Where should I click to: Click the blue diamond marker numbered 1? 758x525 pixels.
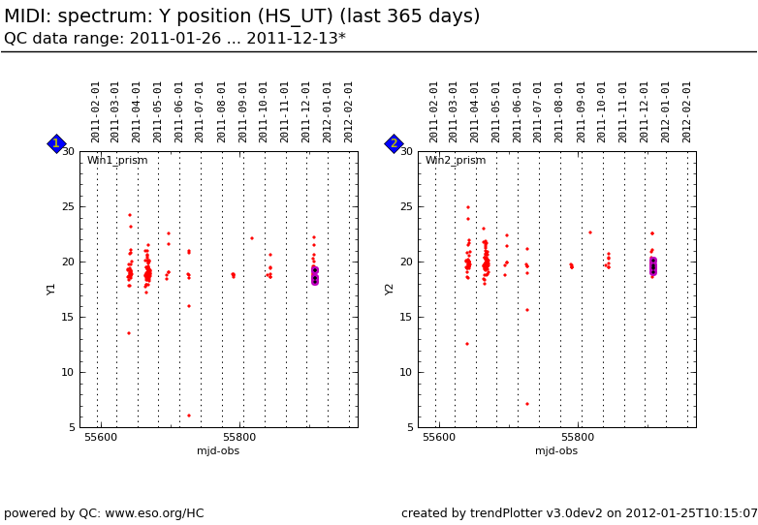click(x=56, y=143)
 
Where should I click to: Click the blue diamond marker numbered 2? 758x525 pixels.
click(x=394, y=143)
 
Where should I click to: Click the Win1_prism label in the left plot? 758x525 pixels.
click(x=117, y=161)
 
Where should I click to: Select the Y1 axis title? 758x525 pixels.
click(x=52, y=289)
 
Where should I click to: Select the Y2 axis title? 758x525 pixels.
click(x=391, y=289)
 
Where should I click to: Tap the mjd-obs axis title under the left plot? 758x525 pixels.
click(x=218, y=451)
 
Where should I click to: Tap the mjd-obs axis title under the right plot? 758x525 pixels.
click(x=556, y=451)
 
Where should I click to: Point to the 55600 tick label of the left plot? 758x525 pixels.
click(x=101, y=438)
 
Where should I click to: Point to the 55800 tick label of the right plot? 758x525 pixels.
click(x=578, y=438)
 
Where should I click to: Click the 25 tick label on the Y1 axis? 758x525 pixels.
click(x=68, y=206)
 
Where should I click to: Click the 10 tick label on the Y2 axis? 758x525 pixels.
click(x=406, y=372)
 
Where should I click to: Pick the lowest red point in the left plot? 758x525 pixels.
click(x=189, y=416)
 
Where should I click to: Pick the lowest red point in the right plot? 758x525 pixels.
click(x=527, y=404)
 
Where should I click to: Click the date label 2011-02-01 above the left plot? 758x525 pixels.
click(x=96, y=111)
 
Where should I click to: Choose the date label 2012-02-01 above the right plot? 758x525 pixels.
click(x=687, y=111)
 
